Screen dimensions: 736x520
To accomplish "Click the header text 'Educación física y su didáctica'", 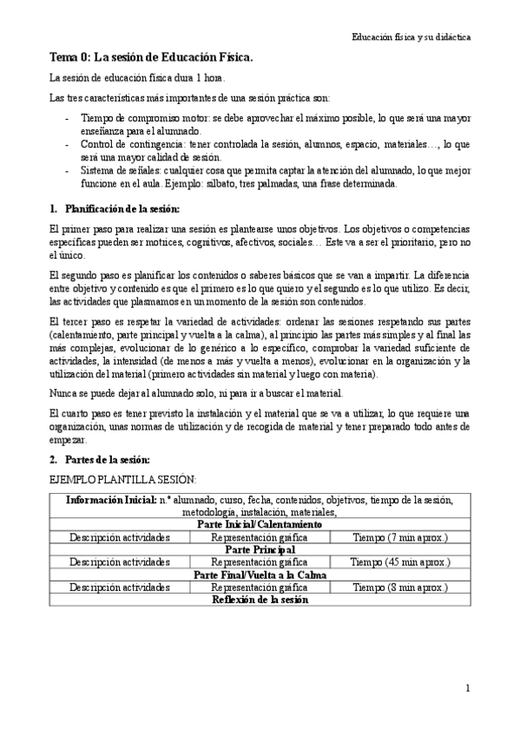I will click(x=411, y=38).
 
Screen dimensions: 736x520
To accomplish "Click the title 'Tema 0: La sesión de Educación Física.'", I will click(x=150, y=58).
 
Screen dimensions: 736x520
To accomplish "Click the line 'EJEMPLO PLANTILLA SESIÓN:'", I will click(x=122, y=480).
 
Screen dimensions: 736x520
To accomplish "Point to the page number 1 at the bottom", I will click(x=467, y=689).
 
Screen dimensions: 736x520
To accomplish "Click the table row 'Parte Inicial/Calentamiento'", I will click(x=260, y=525).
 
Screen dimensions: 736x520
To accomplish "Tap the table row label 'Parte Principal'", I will click(x=260, y=550).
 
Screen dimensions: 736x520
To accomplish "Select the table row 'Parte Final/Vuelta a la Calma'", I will click(x=260, y=575).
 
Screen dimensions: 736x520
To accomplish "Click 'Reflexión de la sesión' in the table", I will click(x=260, y=600).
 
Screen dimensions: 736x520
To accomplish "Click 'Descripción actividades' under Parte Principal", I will click(x=120, y=562).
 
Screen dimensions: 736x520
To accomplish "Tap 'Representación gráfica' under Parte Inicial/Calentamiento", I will click(x=260, y=537).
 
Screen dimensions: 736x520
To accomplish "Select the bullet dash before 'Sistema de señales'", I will click(x=69, y=171).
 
